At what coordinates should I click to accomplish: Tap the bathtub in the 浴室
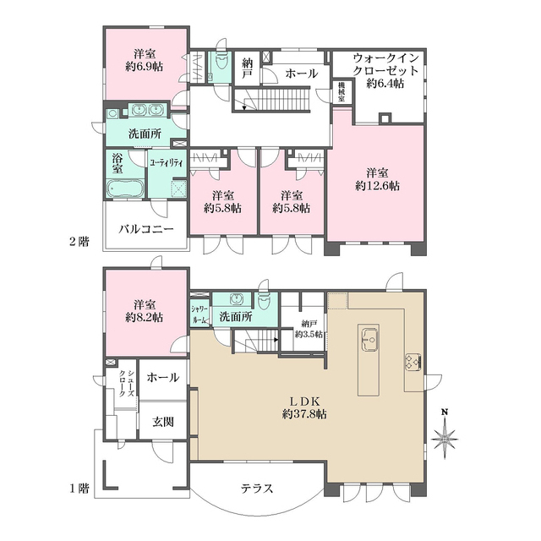pyautogui.click(x=124, y=189)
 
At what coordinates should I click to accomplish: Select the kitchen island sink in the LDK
pyautogui.click(x=369, y=339)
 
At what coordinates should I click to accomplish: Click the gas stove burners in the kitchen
pyautogui.click(x=413, y=362)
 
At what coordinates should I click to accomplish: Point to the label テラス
pyautogui.click(x=257, y=489)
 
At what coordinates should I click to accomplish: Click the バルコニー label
pyautogui.click(x=146, y=229)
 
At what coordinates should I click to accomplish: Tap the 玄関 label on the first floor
pyautogui.click(x=163, y=422)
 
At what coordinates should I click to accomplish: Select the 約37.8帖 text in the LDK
pyautogui.click(x=304, y=413)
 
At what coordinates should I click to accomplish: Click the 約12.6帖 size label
pyautogui.click(x=378, y=186)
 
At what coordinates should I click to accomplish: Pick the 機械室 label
pyautogui.click(x=342, y=91)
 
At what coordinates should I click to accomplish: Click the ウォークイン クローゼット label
pyautogui.click(x=385, y=64)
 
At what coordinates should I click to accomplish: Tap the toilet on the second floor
pyautogui.click(x=221, y=63)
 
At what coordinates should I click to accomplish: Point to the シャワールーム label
pyautogui.click(x=200, y=314)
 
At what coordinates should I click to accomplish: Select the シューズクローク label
pyautogui.click(x=126, y=383)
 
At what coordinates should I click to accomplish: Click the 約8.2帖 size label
pyautogui.click(x=144, y=317)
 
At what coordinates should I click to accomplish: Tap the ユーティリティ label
pyautogui.click(x=167, y=162)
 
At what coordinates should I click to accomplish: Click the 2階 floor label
pyautogui.click(x=79, y=242)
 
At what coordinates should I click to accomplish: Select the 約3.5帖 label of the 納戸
pyautogui.click(x=309, y=334)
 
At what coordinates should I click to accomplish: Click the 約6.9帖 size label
pyautogui.click(x=144, y=66)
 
